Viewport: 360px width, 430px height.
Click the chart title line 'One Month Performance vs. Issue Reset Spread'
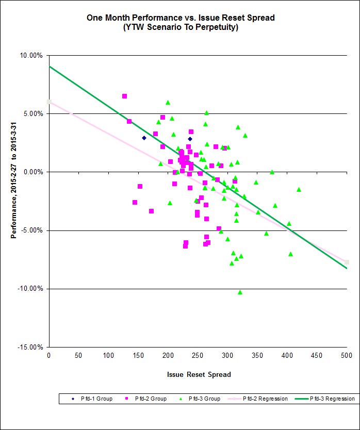point(180,18)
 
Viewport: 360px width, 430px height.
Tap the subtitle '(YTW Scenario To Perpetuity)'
point(180,27)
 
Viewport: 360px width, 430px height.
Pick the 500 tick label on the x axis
point(346,355)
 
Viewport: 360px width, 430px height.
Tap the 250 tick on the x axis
point(198,355)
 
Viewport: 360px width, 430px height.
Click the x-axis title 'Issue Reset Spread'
point(199,374)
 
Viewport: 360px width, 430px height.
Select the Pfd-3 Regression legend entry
point(325,399)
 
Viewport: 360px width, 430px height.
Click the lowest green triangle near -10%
point(240,292)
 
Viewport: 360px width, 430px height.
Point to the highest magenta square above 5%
point(124,96)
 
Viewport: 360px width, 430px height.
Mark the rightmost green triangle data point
point(299,189)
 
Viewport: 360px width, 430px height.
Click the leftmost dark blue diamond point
point(144,138)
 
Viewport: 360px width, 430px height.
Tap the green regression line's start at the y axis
point(50,67)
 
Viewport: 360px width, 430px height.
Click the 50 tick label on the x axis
point(78,355)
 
